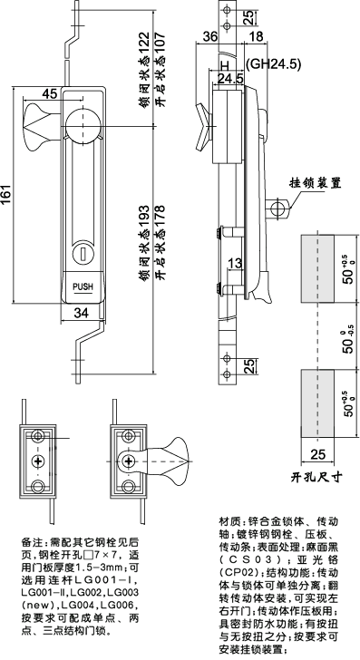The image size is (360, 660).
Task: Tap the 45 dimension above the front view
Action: click(x=49, y=92)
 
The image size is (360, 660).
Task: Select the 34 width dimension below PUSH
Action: click(x=81, y=314)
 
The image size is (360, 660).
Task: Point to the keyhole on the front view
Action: click(x=83, y=249)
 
